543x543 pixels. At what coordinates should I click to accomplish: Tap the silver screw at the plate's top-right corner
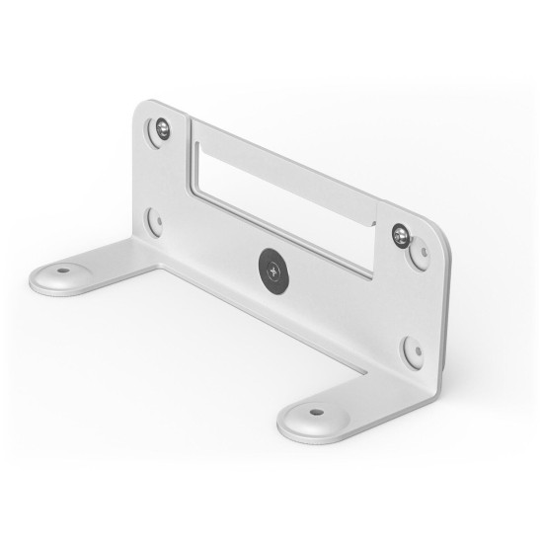click(x=400, y=234)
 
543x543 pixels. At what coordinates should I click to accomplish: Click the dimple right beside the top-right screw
click(x=420, y=254)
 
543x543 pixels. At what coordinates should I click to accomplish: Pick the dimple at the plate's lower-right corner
click(x=411, y=349)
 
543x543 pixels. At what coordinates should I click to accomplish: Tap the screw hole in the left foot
click(x=62, y=270)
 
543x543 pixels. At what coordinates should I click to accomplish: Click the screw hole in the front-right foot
click(x=315, y=412)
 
